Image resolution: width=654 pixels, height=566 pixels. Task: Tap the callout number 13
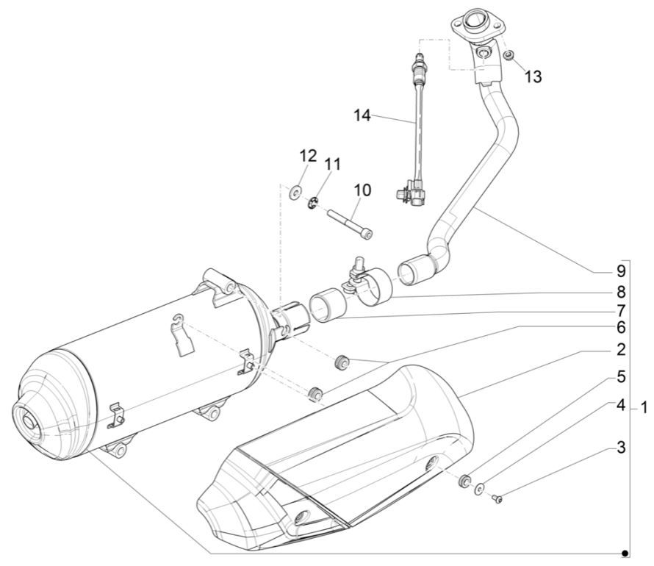point(533,76)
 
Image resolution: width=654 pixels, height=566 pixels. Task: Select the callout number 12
point(308,156)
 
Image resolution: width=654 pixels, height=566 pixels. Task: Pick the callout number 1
point(643,406)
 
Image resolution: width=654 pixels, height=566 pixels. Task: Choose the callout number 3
point(622,446)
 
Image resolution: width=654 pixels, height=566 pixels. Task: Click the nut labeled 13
point(509,54)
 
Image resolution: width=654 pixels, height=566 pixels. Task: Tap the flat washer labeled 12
point(295,193)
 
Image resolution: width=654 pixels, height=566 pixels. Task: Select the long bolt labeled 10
point(351,223)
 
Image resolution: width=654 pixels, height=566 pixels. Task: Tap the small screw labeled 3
point(497,499)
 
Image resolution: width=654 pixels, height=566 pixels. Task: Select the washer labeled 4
point(480,490)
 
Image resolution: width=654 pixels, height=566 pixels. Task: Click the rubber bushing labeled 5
point(464,481)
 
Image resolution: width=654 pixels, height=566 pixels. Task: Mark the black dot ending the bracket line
point(625,552)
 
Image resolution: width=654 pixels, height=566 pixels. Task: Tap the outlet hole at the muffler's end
point(31,423)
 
